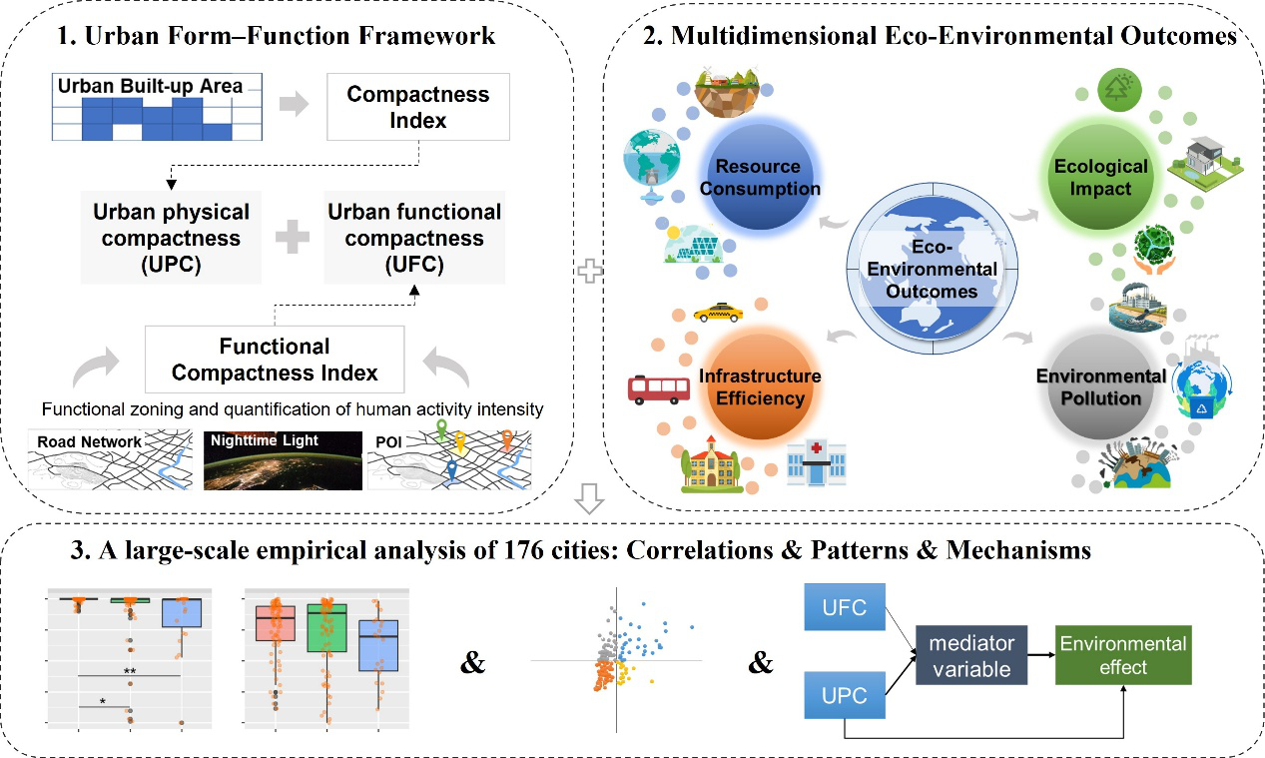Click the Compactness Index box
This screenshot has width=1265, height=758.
pyautogui.click(x=417, y=107)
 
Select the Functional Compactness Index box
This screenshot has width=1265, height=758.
pyautogui.click(x=275, y=360)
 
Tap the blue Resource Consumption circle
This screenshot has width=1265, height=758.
pyautogui.click(x=764, y=177)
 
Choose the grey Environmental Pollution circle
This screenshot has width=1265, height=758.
pyautogui.click(x=1100, y=387)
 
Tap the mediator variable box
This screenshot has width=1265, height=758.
pyautogui.click(x=971, y=656)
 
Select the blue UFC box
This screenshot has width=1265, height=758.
pyautogui.click(x=845, y=606)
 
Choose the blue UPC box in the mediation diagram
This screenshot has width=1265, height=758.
pyautogui.click(x=845, y=693)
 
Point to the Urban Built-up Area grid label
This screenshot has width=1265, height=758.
pyautogui.click(x=150, y=86)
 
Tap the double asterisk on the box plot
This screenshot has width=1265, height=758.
pyautogui.click(x=130, y=670)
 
